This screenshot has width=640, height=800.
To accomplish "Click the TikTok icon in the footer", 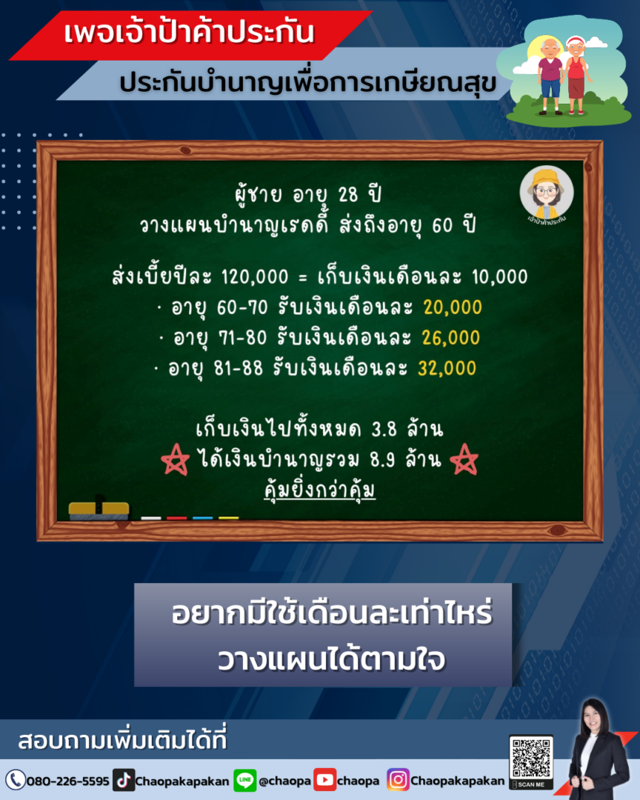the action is [124, 780].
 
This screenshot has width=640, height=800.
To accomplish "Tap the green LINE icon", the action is [244, 780].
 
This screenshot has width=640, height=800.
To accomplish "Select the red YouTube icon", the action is [324, 780].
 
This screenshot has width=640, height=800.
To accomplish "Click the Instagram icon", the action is [398, 780].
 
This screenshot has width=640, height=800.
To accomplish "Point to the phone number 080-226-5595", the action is [67, 781].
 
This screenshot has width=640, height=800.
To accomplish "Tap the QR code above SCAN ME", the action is [531, 757].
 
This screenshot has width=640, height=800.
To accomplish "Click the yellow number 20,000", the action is [453, 307].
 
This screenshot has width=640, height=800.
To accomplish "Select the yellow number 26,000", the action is [451, 338].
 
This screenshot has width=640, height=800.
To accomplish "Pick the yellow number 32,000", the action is [447, 368].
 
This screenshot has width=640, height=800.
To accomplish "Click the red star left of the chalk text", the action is [175, 460].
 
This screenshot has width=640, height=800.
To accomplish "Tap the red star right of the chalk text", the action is [464, 460].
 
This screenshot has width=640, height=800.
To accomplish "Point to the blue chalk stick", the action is [203, 519].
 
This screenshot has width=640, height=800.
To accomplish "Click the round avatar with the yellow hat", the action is [547, 193].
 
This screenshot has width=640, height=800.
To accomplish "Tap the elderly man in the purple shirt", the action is [550, 76].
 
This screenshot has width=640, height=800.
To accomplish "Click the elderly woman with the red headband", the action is [576, 76].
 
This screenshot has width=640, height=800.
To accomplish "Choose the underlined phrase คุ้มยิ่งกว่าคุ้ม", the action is [320, 490].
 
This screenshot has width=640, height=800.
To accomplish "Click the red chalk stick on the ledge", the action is [176, 519].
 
